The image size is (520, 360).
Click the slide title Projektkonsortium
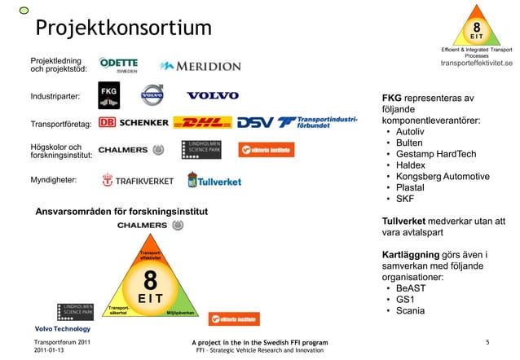122,27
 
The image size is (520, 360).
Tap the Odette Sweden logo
118,64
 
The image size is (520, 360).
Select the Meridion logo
201,66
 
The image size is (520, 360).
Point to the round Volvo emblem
153,95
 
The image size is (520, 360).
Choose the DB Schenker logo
134,123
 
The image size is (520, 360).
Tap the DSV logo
260,123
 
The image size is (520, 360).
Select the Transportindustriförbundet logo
319,123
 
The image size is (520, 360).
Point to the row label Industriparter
55,97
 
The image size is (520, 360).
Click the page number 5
487,342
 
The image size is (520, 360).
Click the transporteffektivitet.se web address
476,64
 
